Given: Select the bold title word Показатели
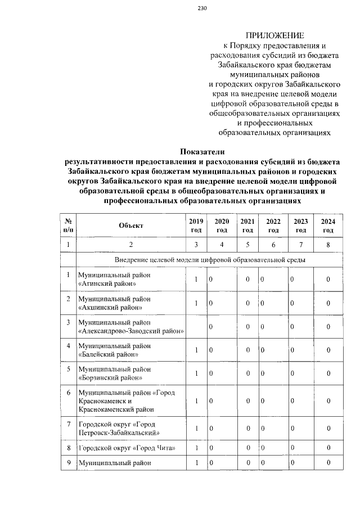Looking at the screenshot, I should tap(202, 151).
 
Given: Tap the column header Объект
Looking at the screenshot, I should tap(131, 226).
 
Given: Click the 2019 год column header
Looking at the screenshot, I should tap(196, 226).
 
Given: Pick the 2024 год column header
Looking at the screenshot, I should tap(328, 226).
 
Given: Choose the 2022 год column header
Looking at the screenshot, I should tap(273, 226).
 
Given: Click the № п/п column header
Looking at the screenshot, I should tap(68, 226).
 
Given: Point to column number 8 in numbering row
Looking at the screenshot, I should tap(328, 245).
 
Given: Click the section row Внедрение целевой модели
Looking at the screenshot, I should tap(210, 260).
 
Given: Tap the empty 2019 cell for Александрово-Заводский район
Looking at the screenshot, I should tap(196, 327).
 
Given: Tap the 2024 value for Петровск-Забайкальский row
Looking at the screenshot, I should tap(328, 428).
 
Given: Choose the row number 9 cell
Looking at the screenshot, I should tap(68, 463).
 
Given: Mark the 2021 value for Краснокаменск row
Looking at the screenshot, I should tap(247, 401).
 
